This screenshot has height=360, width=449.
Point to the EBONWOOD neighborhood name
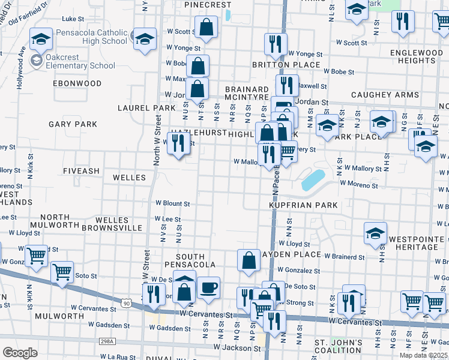pyautogui.click(x=77, y=83)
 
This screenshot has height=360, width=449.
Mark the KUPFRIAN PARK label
pyautogui.click(x=303, y=206)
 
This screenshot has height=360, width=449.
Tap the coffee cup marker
pyautogui.click(x=209, y=287)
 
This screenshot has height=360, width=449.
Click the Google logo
pyautogui.click(x=20, y=353)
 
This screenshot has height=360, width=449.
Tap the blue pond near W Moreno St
pyautogui.click(x=313, y=179)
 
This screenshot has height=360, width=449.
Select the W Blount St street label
pyautogui.click(x=173, y=204)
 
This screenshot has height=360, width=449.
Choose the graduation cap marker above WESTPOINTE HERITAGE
pyautogui.click(x=375, y=233)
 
